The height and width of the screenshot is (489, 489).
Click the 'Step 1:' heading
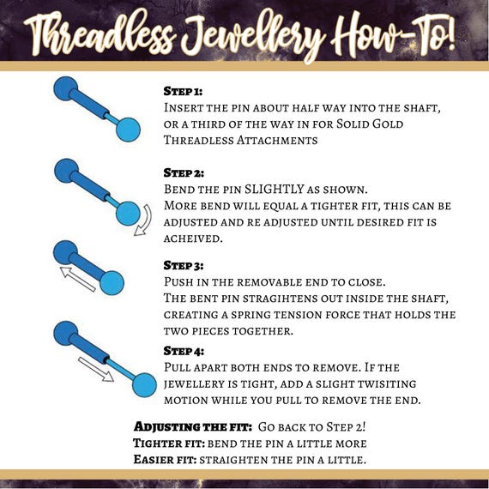[x=184, y=90]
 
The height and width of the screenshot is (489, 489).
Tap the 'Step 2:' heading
[x=184, y=172]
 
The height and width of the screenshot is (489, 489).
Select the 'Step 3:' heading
[x=184, y=265]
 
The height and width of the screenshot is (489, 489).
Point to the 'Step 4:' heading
[x=184, y=351]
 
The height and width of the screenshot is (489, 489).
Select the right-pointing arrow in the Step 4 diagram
[x=95, y=367]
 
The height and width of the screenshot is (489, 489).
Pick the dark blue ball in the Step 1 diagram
[x=66, y=88]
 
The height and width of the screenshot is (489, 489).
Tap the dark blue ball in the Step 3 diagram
[x=66, y=252]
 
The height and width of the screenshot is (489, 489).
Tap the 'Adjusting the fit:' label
[x=191, y=426]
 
